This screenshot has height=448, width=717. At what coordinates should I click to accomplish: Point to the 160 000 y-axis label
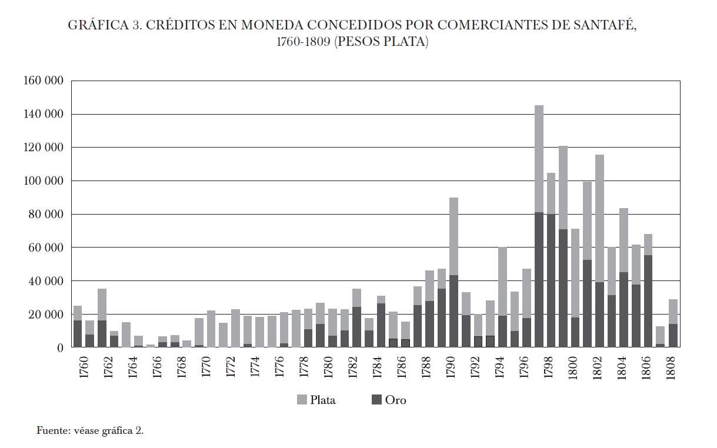(x=43, y=81)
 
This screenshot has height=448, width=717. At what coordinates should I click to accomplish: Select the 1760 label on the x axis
(x=83, y=369)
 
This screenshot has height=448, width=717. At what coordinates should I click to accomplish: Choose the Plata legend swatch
(x=302, y=400)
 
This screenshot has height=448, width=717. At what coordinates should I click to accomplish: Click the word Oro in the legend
(x=395, y=400)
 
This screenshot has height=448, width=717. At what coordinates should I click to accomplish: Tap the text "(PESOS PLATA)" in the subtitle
(x=381, y=43)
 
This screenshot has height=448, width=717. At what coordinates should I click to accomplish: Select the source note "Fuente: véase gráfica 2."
(x=90, y=430)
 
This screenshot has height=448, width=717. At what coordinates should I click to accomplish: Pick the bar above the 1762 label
(x=102, y=317)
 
